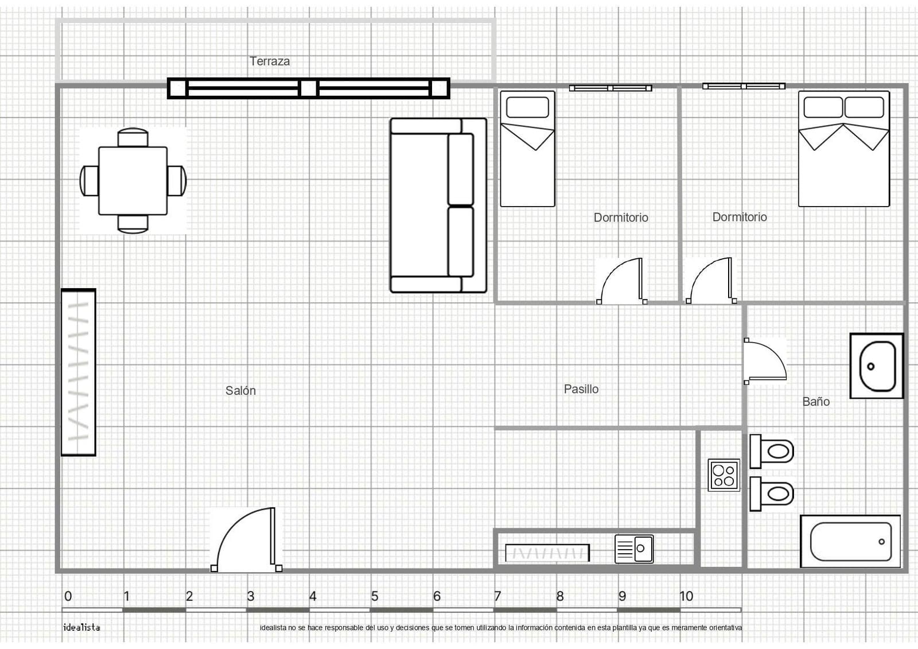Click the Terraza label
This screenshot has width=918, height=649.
point(269,61)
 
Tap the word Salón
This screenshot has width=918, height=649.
point(240,391)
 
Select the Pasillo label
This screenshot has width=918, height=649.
point(581,389)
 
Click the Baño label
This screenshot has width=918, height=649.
point(815,402)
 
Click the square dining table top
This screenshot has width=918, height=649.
point(133,180)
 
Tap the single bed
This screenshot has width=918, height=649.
point(527,149)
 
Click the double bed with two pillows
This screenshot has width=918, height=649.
point(843,149)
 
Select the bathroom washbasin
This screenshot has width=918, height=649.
point(877,366)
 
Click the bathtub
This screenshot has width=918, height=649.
point(850,541)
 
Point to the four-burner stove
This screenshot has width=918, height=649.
point(723,475)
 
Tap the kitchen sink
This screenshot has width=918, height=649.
point(634,549)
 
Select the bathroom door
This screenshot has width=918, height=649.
point(764,362)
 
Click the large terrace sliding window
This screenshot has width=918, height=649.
point(309,88)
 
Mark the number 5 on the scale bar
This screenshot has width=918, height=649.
point(375,596)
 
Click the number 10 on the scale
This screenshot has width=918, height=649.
point(686,596)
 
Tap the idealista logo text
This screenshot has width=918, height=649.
point(81,627)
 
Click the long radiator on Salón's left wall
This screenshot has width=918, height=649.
point(79,372)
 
